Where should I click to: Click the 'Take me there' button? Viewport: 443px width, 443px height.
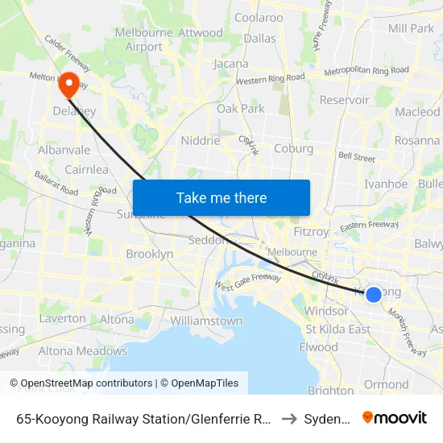[x=221, y=198]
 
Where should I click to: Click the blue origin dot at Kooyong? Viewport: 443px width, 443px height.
[x=374, y=295]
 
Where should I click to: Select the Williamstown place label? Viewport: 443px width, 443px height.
[x=206, y=321]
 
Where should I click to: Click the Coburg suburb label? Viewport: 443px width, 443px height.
[x=293, y=148]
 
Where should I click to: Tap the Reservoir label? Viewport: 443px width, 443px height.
[x=344, y=100]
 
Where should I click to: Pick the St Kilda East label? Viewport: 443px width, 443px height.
[x=337, y=329]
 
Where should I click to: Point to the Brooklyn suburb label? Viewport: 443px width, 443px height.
[x=149, y=254]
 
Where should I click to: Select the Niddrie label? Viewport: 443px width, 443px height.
[x=200, y=140]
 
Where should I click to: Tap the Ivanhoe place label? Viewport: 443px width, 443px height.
[x=386, y=184]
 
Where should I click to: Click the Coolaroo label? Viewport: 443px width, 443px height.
[x=259, y=18]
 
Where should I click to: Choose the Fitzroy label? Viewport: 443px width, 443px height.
[x=311, y=232]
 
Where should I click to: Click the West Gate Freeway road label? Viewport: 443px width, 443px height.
[x=247, y=282]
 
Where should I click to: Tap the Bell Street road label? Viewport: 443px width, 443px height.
[x=357, y=156]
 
